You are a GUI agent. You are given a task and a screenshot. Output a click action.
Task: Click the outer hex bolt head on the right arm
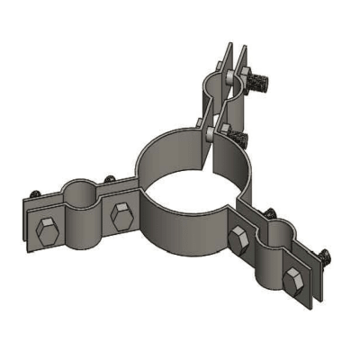click(291, 280)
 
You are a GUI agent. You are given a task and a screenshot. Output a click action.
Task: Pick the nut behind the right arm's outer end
click(323, 257)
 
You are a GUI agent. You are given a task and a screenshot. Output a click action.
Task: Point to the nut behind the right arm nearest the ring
click(267, 212)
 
